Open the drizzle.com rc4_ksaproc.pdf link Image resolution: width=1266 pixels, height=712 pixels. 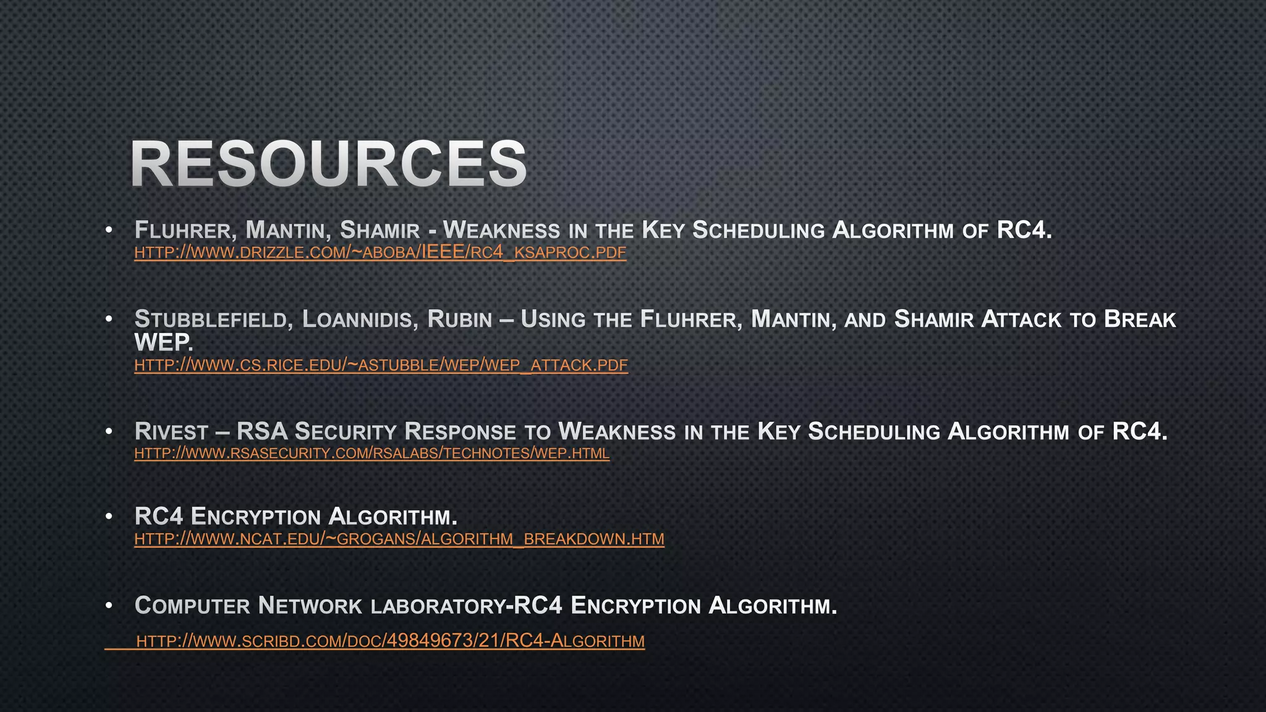(x=380, y=252)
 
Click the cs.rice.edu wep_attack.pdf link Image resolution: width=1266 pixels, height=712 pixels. (x=381, y=365)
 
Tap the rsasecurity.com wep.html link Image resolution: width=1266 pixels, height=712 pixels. (x=372, y=453)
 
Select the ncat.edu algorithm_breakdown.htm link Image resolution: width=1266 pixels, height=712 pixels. (x=399, y=539)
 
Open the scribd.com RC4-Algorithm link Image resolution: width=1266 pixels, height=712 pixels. (x=390, y=641)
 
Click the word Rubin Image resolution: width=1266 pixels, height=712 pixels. (x=459, y=320)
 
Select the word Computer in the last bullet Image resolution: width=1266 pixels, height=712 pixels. (x=192, y=606)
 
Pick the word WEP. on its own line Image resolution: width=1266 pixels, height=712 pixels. (x=164, y=342)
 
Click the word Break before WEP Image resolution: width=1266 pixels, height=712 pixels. (x=1140, y=320)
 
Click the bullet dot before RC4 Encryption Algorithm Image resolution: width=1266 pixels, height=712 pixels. (x=109, y=516)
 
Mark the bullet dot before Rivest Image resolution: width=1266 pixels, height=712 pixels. (x=109, y=431)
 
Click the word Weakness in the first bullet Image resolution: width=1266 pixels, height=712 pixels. (x=501, y=231)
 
